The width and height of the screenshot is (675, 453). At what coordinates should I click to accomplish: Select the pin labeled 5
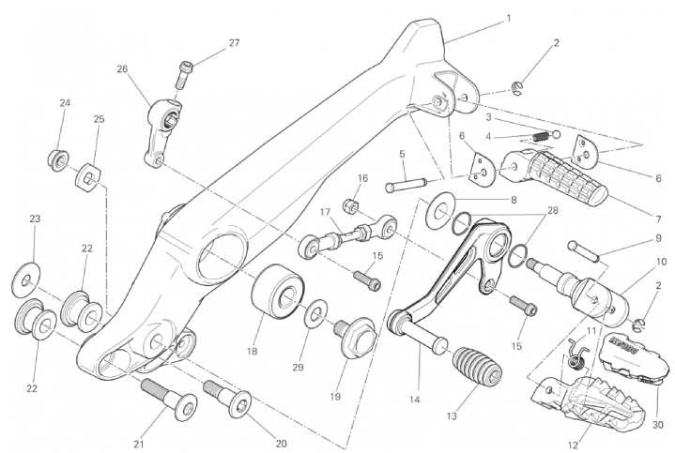[406, 183]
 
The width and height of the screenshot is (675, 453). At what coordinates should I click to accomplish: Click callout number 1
[508, 18]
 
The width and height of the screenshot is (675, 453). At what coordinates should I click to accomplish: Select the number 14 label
[413, 399]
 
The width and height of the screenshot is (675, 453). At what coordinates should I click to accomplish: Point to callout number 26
[122, 68]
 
